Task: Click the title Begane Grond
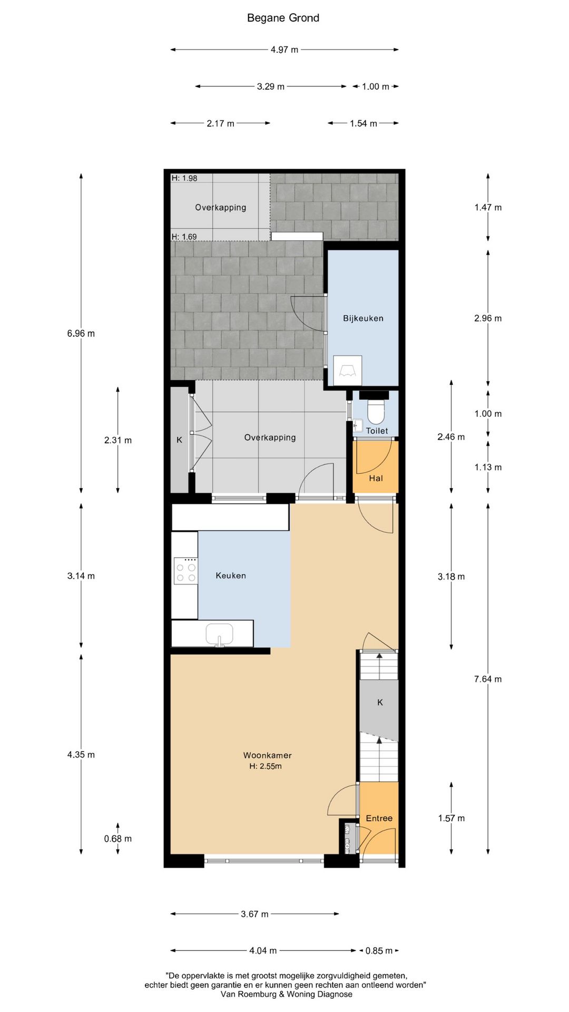(x=283, y=18)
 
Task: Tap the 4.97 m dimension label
(x=284, y=50)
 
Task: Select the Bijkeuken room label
(x=363, y=318)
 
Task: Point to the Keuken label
(x=231, y=576)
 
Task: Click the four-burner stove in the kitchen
(x=186, y=571)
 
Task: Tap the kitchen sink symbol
(x=219, y=634)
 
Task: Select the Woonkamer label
(x=267, y=755)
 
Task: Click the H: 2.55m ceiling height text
(x=266, y=766)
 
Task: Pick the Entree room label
(x=379, y=818)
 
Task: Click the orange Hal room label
(x=376, y=478)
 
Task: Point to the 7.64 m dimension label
(x=488, y=679)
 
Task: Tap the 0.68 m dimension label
(x=118, y=839)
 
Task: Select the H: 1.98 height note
(x=184, y=178)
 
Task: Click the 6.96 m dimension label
(x=81, y=333)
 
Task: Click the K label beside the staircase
(x=380, y=702)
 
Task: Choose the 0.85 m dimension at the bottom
(x=379, y=950)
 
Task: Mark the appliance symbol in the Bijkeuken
(x=348, y=370)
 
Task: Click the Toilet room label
(x=377, y=431)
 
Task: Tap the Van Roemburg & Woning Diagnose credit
(x=287, y=994)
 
